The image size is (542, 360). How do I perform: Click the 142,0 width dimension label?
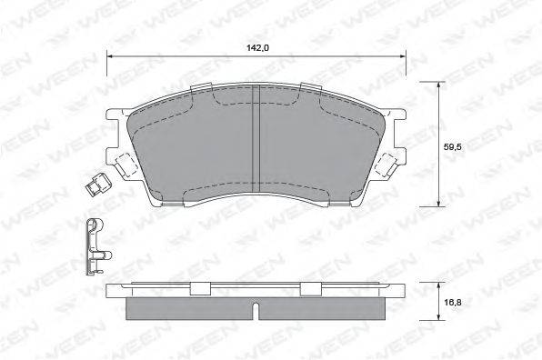[x=257, y=48]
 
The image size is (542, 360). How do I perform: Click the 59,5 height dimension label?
[x=453, y=147]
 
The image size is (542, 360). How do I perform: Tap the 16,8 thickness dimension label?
[x=453, y=303]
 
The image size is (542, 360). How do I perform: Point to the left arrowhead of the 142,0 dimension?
[x=110, y=56]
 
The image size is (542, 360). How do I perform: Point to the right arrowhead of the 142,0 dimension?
[x=402, y=56]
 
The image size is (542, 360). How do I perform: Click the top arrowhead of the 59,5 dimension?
[x=438, y=85]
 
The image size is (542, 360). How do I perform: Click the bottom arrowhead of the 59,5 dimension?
[x=438, y=204]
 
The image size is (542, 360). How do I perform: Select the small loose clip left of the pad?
[x=98, y=185]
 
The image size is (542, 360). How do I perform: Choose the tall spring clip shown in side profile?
[x=98, y=246]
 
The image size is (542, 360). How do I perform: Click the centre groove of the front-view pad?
[x=256, y=139]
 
